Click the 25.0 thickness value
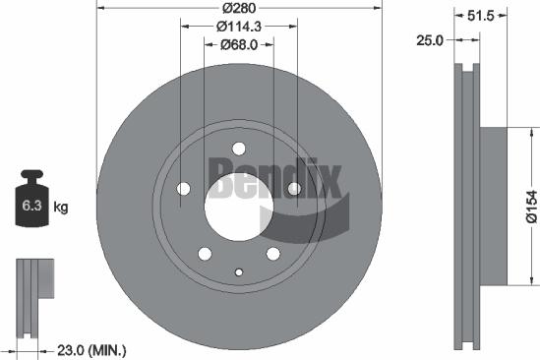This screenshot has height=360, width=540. [x=430, y=40]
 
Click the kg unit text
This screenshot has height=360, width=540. [x=60, y=207]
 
